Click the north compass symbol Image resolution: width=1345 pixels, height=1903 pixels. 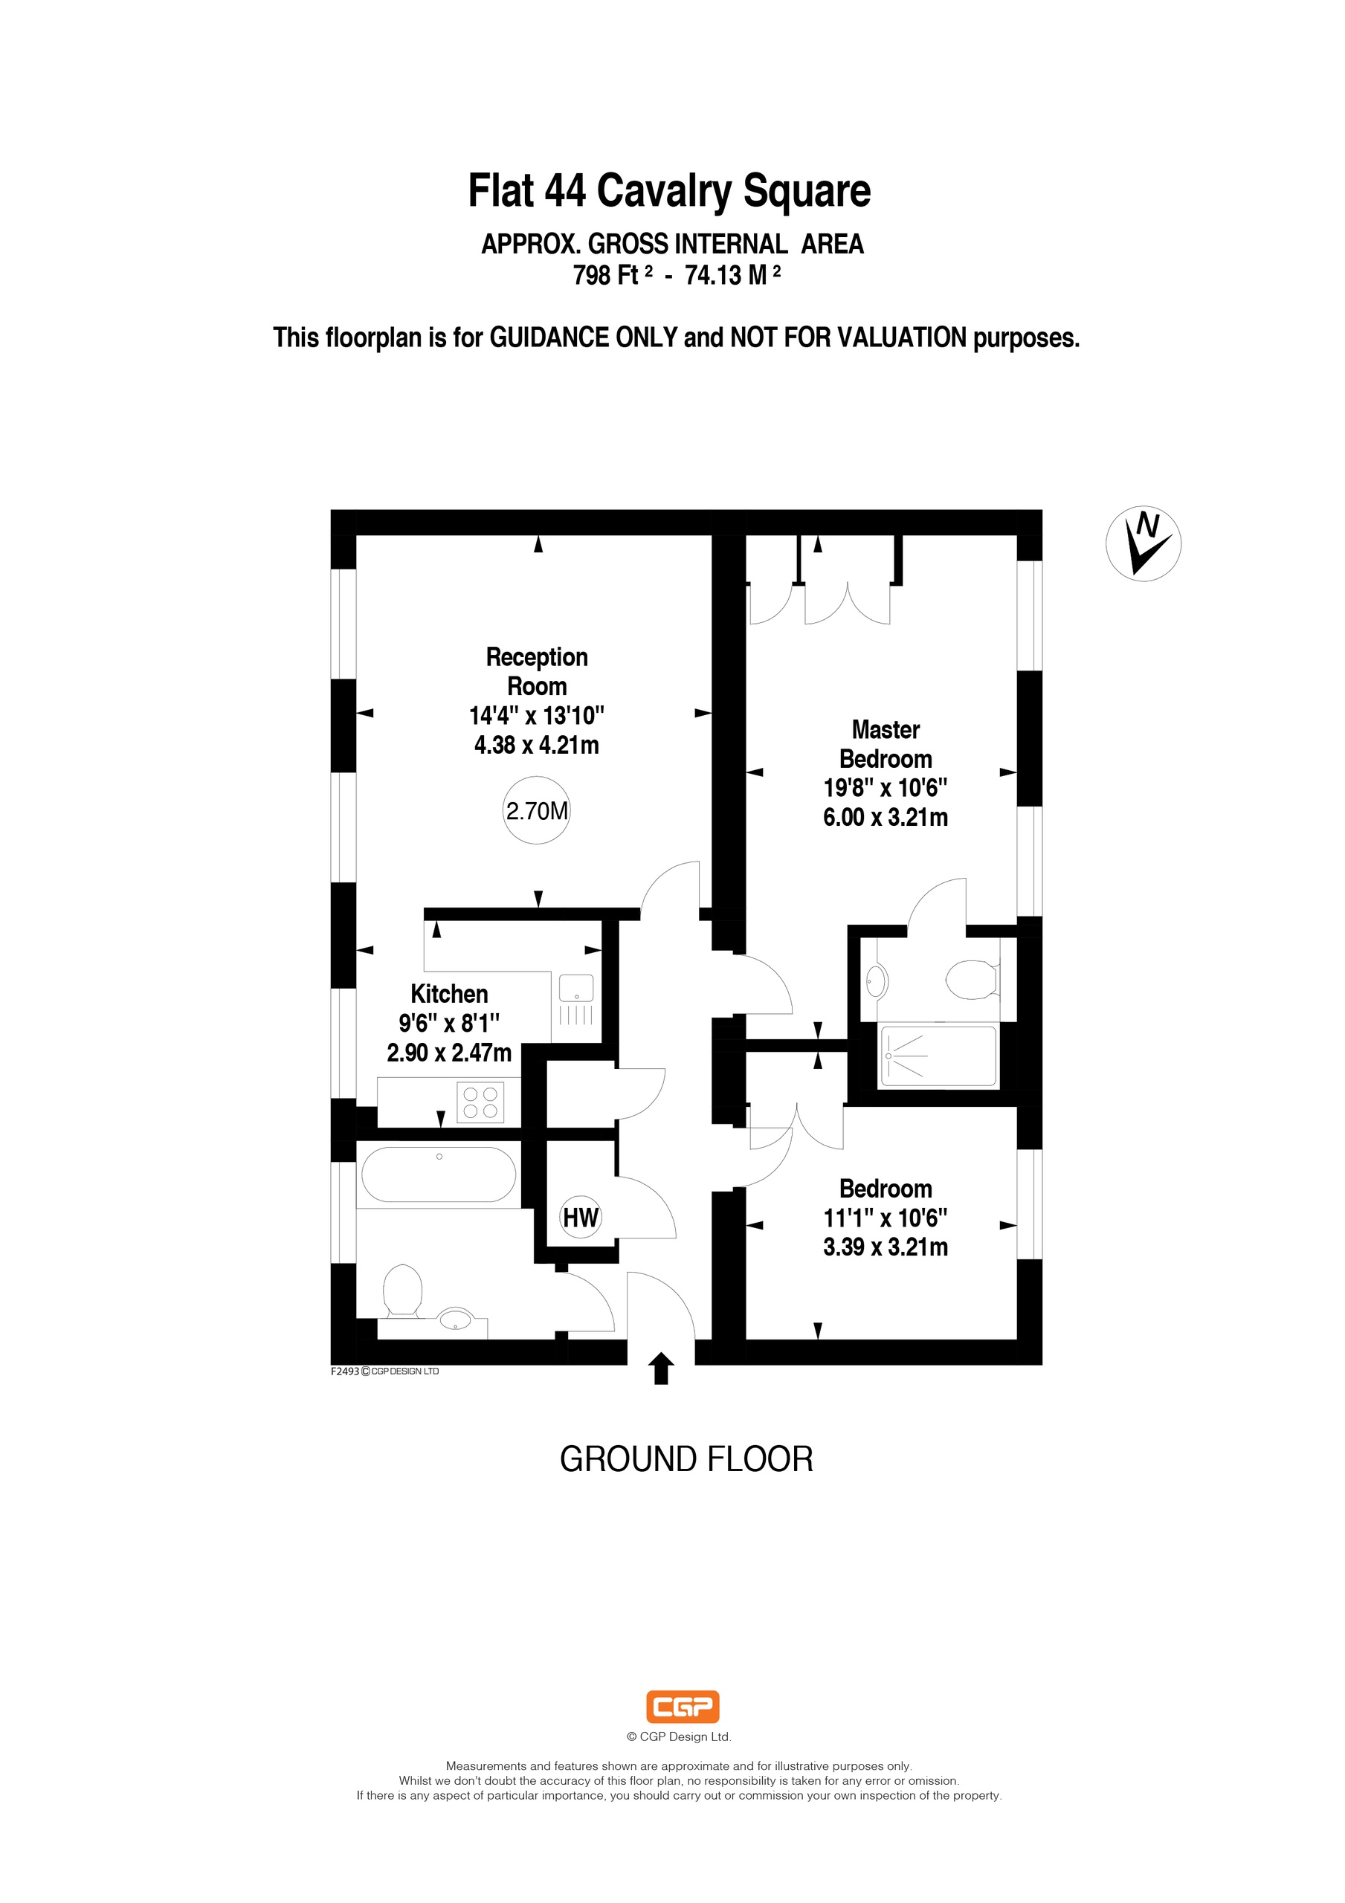pos(1144,543)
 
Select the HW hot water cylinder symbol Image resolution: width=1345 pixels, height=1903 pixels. pos(581,1218)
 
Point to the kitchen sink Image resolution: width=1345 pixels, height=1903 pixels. pos(576,1002)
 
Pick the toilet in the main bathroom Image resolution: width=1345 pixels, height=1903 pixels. pos(403,1290)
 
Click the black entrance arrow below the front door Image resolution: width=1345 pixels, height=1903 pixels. pos(660,1369)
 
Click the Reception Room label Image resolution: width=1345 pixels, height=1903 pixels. pos(538,671)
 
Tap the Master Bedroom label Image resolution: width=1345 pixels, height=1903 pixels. pos(886,744)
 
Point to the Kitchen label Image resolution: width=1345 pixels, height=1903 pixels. pos(449,994)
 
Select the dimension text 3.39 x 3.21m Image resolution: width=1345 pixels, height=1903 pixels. pos(886,1247)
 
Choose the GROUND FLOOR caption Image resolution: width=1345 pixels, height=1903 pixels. pos(686,1459)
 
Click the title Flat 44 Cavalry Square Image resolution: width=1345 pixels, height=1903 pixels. pos(670,190)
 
